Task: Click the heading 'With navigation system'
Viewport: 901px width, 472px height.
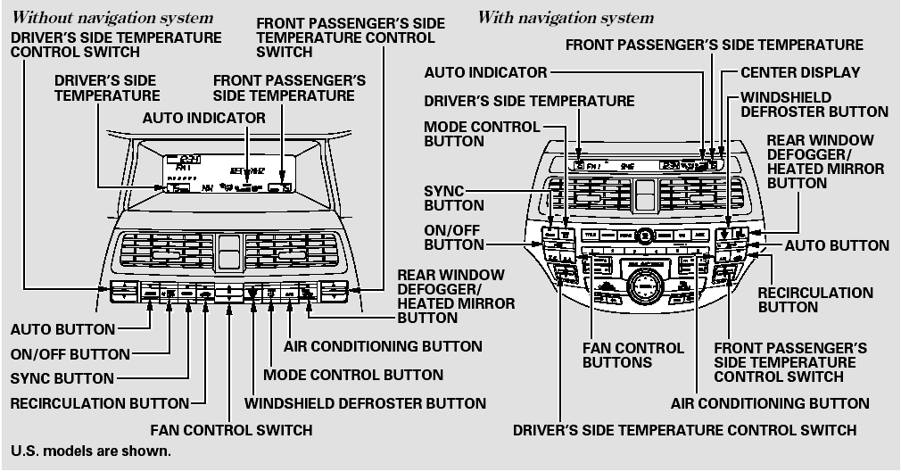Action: click(566, 18)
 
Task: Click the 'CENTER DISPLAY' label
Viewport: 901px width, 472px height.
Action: click(794, 72)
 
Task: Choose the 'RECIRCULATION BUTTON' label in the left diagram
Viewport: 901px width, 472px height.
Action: click(99, 403)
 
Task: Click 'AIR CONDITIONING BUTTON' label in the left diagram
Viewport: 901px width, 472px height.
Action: click(383, 345)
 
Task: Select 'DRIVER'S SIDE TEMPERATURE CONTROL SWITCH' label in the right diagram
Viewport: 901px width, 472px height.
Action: click(684, 430)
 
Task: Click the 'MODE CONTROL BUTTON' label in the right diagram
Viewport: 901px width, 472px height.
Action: click(482, 134)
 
